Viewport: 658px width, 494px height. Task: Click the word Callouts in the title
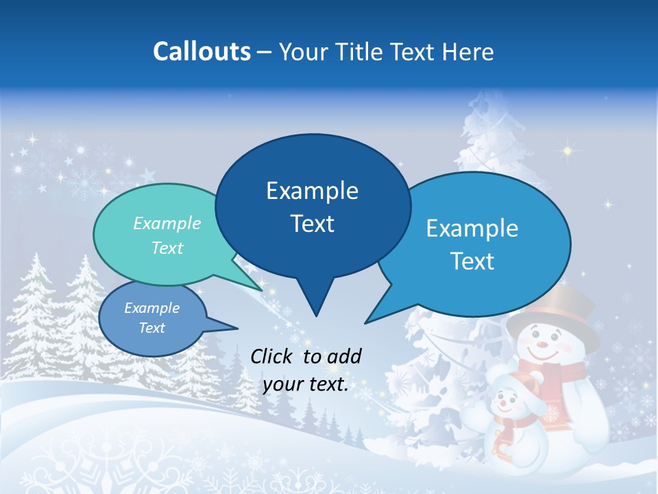[x=202, y=51]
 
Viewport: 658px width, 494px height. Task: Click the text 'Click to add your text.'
[x=306, y=370]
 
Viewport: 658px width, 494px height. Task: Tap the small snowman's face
[x=507, y=400]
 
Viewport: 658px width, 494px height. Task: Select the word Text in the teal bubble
[x=167, y=248]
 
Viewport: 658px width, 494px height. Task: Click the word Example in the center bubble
[x=313, y=191]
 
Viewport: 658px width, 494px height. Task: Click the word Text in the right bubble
[x=472, y=261]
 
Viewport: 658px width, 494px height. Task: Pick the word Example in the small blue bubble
[x=151, y=308]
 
